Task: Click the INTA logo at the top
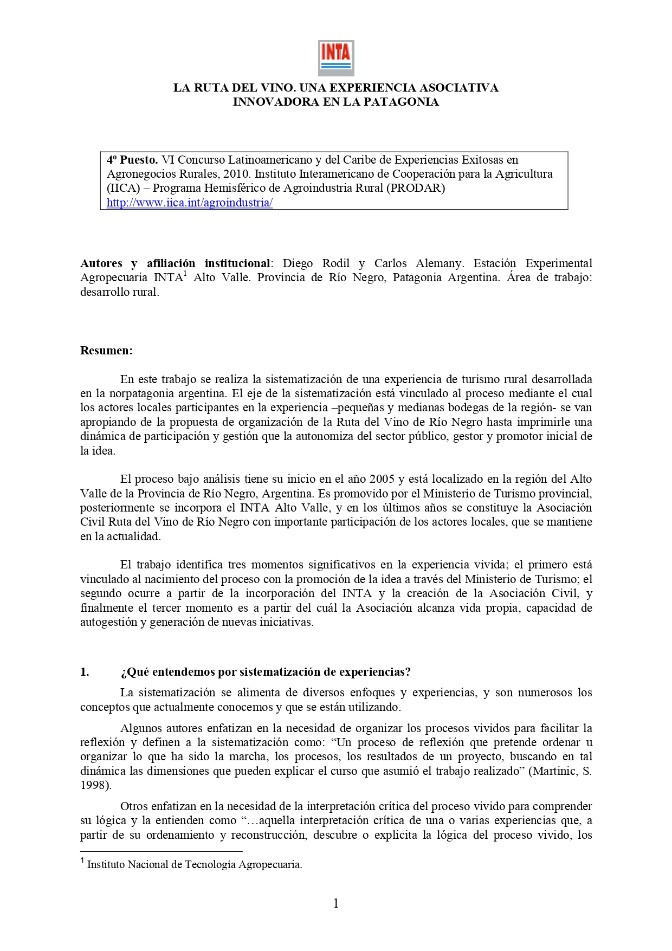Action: click(335, 57)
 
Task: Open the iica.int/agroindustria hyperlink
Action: click(189, 203)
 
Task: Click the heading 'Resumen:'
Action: click(106, 350)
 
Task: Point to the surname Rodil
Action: click(335, 263)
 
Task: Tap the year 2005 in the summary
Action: click(382, 479)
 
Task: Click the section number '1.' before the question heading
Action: click(85, 672)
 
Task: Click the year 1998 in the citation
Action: click(94, 785)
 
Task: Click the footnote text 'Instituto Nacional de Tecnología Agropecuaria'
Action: click(194, 864)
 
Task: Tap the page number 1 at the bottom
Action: click(336, 903)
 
